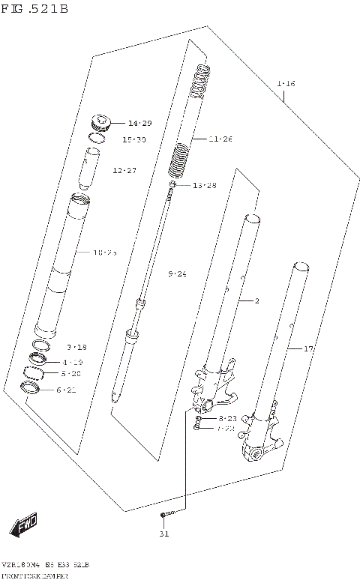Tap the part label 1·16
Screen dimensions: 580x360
coord(285,83)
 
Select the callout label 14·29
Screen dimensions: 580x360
coord(139,123)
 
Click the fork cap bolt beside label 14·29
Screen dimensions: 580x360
coord(100,122)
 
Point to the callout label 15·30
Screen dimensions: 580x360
coord(134,139)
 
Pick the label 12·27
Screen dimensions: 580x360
coord(124,171)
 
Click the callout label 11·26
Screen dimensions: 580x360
coord(221,139)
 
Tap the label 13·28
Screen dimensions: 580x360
coord(204,185)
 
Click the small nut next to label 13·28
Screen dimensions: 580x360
coord(173,185)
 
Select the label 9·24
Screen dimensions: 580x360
coord(176,274)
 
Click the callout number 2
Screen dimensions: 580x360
coord(256,301)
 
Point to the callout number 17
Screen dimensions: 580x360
coord(307,348)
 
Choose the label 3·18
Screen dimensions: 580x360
coord(76,347)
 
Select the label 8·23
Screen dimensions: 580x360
coord(227,418)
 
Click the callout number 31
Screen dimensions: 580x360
coord(164,534)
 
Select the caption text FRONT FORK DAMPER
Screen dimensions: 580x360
coord(36,575)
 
